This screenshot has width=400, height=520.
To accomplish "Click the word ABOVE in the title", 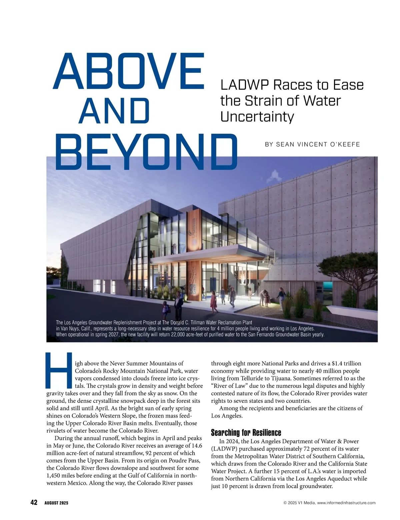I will [x=128, y=72].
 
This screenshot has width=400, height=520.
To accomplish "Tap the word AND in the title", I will [x=114, y=111].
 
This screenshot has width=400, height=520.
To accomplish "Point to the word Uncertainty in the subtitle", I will [x=257, y=117].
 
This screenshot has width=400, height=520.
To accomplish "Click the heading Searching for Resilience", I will [x=246, y=433].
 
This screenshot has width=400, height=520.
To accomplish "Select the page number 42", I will [x=34, y=503].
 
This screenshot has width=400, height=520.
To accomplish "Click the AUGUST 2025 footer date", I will [x=56, y=503].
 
